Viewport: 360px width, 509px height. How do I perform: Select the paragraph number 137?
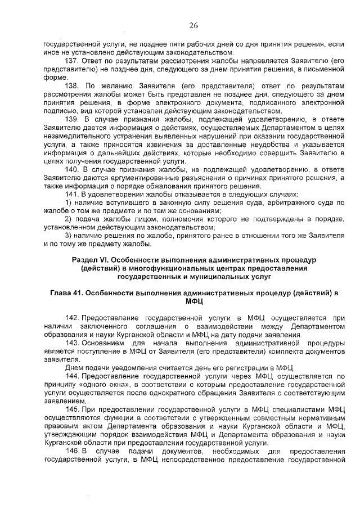[72, 61]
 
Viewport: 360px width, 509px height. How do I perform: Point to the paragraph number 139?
[72, 119]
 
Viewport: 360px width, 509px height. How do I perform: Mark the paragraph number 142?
[73, 318]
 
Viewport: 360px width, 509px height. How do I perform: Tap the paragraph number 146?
[73, 453]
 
